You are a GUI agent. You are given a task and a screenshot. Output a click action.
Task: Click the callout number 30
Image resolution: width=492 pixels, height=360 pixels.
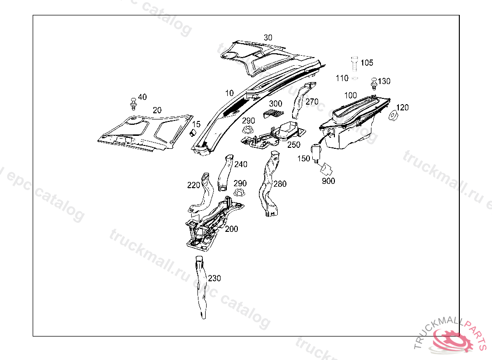click(x=268, y=37)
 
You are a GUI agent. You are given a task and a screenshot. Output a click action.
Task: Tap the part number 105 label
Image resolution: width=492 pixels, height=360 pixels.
click(x=367, y=63)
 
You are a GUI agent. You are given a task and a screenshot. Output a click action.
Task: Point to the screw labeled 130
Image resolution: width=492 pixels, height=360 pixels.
click(x=373, y=84)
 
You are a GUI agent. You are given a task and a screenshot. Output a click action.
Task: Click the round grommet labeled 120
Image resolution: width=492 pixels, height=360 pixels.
click(x=393, y=116)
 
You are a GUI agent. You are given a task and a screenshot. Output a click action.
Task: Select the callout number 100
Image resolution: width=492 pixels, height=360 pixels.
click(x=351, y=96)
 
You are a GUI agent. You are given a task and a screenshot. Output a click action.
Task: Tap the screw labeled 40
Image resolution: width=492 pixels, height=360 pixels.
click(x=133, y=104)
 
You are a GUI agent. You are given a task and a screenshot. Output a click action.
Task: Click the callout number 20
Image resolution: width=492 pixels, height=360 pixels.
click(x=157, y=110)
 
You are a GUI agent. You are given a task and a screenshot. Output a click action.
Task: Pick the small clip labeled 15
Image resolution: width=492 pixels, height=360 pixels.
click(x=192, y=132)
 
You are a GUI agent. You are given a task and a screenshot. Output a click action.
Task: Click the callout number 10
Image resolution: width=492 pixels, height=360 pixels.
click(x=229, y=93)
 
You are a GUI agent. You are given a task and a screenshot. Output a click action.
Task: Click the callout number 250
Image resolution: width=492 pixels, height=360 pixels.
click(x=294, y=144)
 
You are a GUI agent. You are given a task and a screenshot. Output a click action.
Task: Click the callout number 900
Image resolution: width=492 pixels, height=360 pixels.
click(x=329, y=181)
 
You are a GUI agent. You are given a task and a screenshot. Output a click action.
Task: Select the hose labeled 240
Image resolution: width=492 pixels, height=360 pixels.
click(x=225, y=171)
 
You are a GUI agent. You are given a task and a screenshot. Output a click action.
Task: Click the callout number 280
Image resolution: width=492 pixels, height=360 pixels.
click(x=280, y=184)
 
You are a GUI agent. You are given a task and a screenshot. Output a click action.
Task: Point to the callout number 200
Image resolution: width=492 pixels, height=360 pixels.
click(x=232, y=229)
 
